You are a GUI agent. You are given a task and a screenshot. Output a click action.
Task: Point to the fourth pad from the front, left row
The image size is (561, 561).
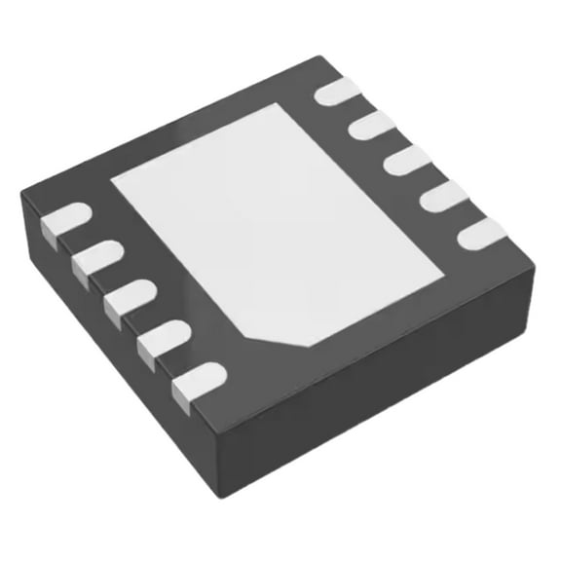pyautogui.click(x=96, y=257)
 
